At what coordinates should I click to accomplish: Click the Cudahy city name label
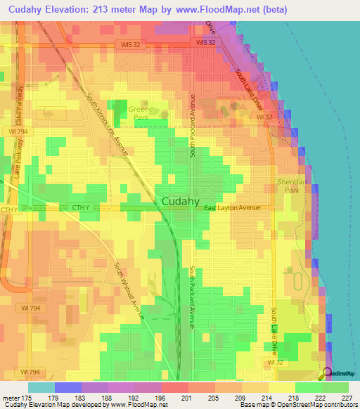pos(184,201)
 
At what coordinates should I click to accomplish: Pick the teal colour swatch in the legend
pos(41,387)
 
